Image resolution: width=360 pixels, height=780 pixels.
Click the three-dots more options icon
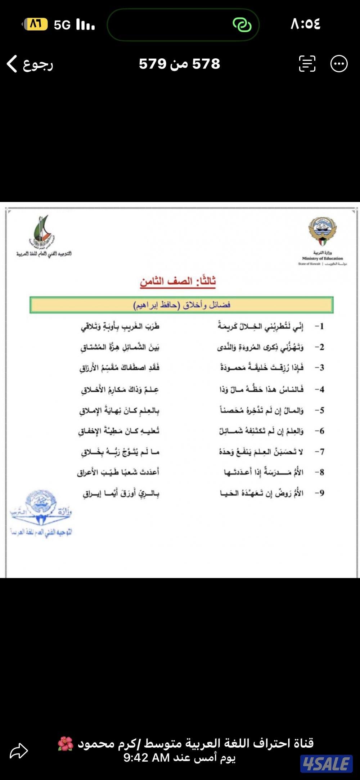click(x=339, y=64)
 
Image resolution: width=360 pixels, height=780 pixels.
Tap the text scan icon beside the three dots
click(x=307, y=64)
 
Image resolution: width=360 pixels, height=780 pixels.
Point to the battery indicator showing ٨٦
click(x=35, y=24)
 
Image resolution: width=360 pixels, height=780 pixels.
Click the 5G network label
click(x=62, y=25)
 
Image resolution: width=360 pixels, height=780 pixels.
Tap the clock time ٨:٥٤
click(x=305, y=24)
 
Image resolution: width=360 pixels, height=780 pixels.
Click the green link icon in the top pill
click(x=242, y=25)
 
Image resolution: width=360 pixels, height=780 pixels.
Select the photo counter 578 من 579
click(x=179, y=64)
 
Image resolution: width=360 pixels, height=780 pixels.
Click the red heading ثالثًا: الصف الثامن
click(x=178, y=281)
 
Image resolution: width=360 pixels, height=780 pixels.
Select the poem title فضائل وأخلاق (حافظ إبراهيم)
click(x=182, y=305)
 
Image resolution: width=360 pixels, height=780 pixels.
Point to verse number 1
click(x=320, y=326)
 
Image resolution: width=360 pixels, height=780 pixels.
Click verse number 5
click(x=320, y=410)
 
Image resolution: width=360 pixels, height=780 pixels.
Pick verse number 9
click(x=320, y=493)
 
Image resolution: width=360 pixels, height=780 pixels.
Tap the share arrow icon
click(x=19, y=751)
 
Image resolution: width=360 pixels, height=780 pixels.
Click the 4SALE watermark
click(x=326, y=763)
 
